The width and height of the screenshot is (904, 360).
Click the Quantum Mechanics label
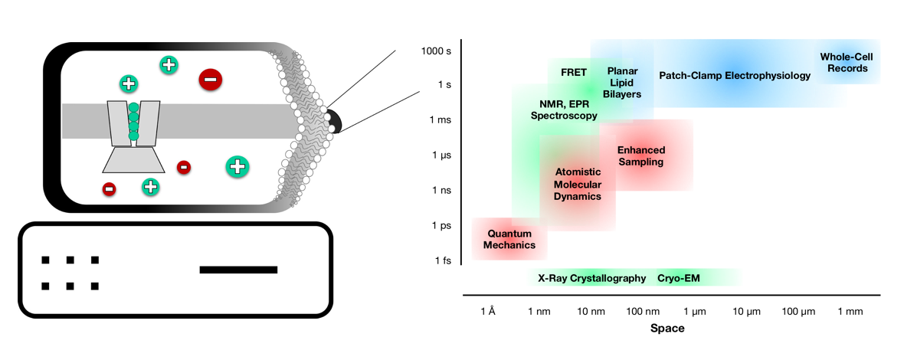[509, 239]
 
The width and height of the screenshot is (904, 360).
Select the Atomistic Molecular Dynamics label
[578, 184]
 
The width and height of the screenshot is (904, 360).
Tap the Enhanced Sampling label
[641, 155]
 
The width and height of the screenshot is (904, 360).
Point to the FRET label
[574, 73]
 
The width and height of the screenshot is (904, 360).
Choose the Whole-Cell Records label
[847, 62]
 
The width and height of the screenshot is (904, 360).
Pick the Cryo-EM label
[677, 278]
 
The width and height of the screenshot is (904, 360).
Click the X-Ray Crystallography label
[592, 278]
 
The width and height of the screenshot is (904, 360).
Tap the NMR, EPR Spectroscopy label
[563, 110]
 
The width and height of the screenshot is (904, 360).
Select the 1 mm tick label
[850, 312]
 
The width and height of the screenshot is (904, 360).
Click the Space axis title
[667, 329]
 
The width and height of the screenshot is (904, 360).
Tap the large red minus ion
[211, 78]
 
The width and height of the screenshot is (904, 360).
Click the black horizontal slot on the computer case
[238, 270]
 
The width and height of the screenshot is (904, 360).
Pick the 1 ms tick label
[440, 120]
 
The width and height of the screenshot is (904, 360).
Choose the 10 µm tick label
[746, 312]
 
